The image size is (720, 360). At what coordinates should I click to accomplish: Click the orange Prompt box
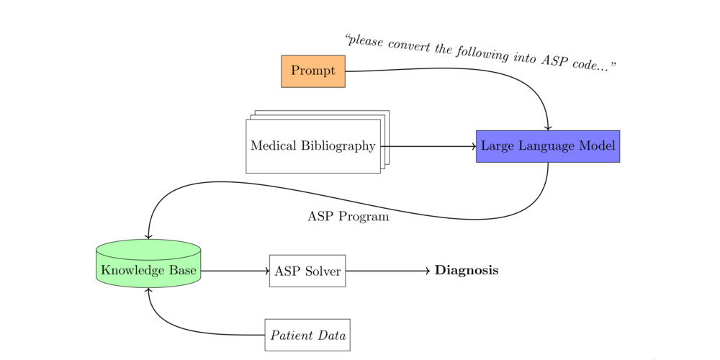[x=312, y=71]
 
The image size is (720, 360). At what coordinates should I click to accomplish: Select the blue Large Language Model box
[x=547, y=146]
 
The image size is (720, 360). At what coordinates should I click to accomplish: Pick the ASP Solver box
[x=307, y=271]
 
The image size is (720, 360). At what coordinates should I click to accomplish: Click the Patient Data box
[x=307, y=335]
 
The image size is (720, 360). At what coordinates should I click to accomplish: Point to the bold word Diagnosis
[x=467, y=271]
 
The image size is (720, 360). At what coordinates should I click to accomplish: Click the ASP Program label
[x=348, y=216]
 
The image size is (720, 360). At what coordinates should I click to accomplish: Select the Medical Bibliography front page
[x=312, y=146]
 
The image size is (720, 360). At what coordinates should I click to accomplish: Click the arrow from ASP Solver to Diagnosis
[x=389, y=271]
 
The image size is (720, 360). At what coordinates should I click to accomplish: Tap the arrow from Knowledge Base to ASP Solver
[x=235, y=271]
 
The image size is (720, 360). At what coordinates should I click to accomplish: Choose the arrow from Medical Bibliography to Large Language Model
[x=428, y=146]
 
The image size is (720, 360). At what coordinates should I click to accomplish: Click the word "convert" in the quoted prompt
[x=408, y=46]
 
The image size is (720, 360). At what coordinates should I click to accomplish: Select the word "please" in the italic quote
[x=366, y=41]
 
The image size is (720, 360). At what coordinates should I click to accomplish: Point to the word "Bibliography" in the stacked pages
[x=339, y=146]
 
